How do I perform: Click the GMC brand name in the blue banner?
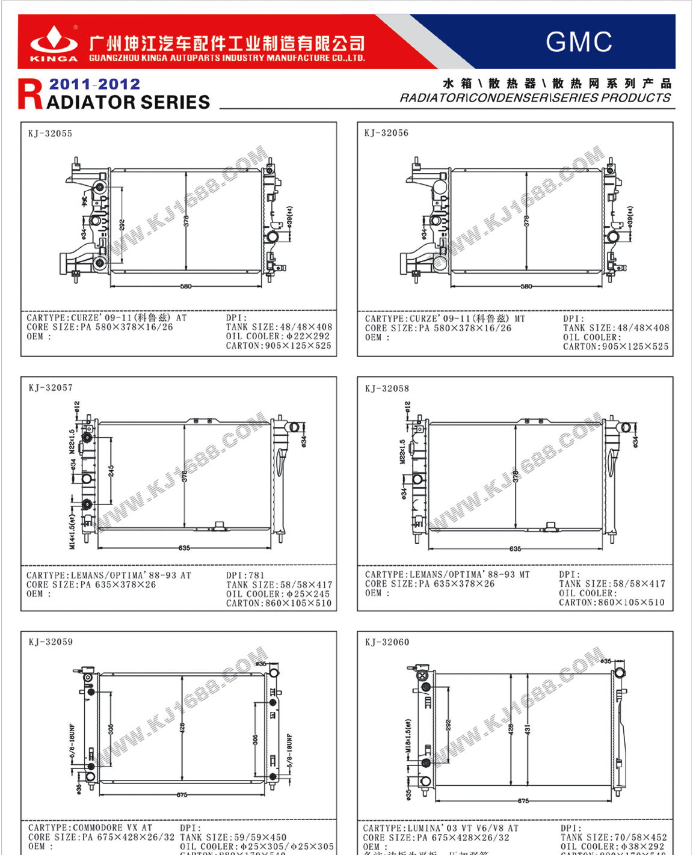point(579,42)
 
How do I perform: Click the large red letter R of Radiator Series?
point(31,95)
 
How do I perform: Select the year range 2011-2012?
point(94,84)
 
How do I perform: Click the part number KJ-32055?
point(50,133)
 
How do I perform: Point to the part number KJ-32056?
point(386,133)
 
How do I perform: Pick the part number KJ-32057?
point(51,388)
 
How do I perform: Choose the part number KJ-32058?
point(387,388)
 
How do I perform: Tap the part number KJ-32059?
point(51,642)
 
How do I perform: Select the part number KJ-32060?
point(387,642)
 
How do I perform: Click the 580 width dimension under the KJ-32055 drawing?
point(186,286)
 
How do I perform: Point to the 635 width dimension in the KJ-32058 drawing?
point(516,549)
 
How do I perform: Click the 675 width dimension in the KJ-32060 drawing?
point(523,801)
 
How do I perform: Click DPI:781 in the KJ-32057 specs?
point(245,575)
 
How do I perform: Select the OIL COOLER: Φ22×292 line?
point(278,336)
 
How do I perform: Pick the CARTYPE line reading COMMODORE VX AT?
point(90,828)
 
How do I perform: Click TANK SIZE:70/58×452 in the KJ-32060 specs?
point(614,838)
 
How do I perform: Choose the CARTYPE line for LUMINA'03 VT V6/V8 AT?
point(440,829)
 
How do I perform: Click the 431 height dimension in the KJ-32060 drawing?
point(528,729)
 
